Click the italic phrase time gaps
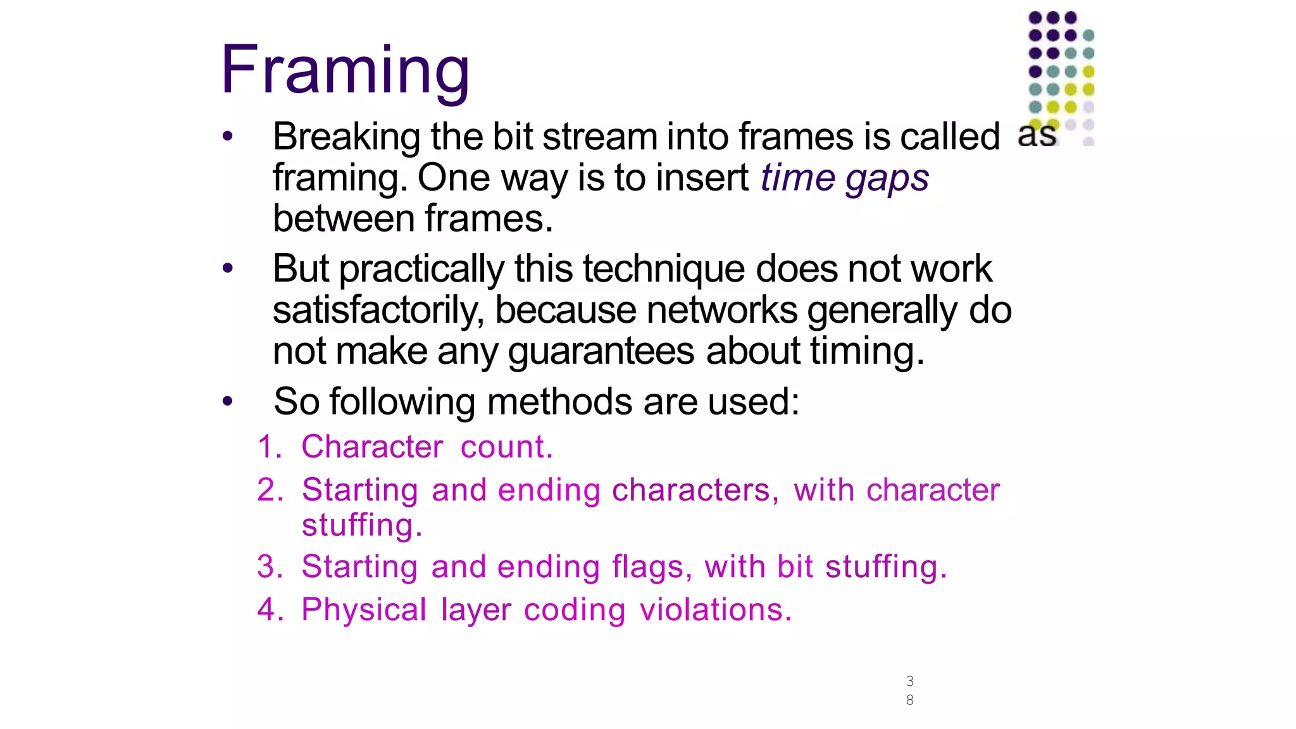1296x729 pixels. (844, 178)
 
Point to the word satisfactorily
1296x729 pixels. (378, 310)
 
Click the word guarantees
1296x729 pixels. (601, 351)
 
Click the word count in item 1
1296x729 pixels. (506, 447)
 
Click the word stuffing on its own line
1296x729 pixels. (361, 525)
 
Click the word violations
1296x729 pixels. (715, 609)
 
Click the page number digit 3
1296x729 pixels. (909, 681)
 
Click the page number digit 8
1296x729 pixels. (909, 700)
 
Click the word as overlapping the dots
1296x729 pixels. (1037, 135)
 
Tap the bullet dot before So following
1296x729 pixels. (228, 401)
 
